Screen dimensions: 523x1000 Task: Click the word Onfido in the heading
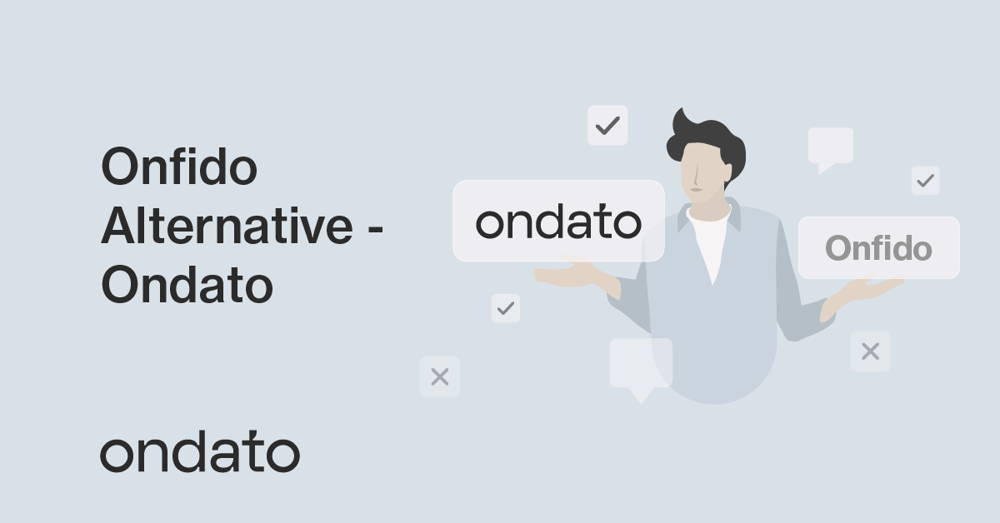178,168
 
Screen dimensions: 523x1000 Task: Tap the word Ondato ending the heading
187,286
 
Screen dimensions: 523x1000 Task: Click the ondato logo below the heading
199,454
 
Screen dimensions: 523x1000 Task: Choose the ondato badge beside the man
558,222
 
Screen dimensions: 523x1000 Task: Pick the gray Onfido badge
878,248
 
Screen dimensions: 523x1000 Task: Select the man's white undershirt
709,242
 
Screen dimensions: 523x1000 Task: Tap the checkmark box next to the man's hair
607,126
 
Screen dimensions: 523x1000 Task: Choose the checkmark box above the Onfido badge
925,180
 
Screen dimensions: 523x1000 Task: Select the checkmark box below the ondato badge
505,308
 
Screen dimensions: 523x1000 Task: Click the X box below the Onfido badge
870,351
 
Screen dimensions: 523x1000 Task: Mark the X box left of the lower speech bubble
439,376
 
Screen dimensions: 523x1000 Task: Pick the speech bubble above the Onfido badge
830,147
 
